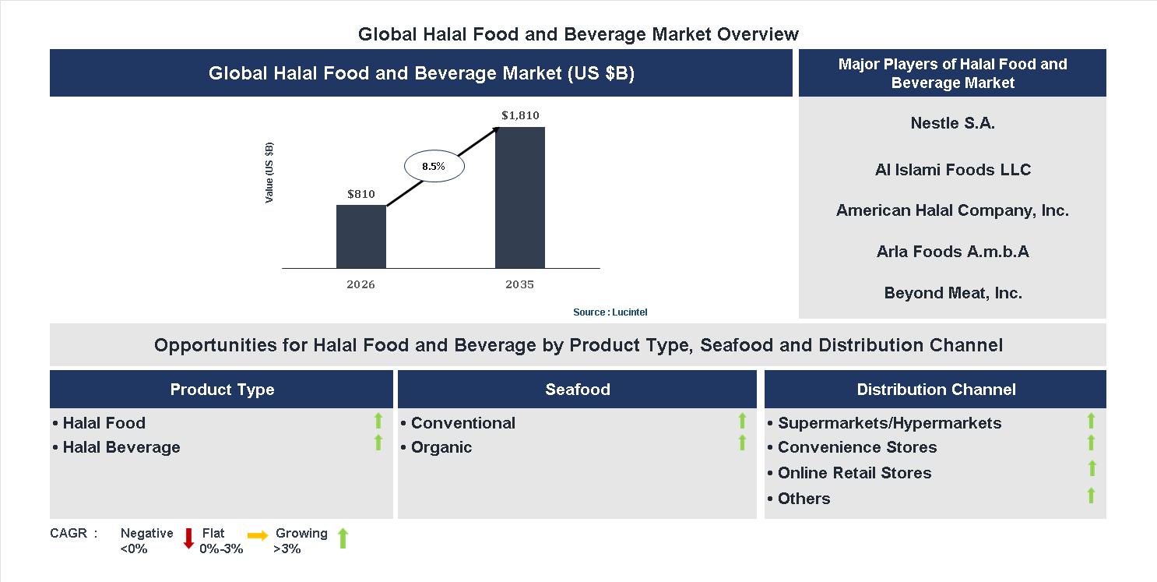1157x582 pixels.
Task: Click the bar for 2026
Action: point(361,237)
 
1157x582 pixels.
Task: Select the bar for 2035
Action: point(520,198)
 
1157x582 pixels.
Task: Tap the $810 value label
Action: point(361,194)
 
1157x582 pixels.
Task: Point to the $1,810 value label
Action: point(520,115)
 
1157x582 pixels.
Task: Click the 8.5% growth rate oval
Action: point(434,166)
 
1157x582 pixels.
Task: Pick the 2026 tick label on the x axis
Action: point(361,284)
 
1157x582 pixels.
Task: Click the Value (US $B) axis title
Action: point(269,173)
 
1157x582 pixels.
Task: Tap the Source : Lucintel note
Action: point(610,312)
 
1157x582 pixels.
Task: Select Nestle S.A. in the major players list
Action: point(952,123)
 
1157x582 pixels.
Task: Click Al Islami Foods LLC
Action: point(952,170)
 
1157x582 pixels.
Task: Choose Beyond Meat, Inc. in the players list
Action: point(952,293)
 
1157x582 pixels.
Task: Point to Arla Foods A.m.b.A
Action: point(952,252)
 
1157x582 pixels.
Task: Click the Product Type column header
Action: point(222,390)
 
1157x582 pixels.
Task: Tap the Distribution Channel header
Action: point(936,390)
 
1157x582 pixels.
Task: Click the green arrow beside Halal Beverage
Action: point(378,443)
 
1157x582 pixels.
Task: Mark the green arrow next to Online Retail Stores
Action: point(1092,468)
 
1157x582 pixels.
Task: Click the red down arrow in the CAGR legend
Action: point(188,538)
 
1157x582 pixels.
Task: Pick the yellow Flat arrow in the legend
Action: point(258,535)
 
